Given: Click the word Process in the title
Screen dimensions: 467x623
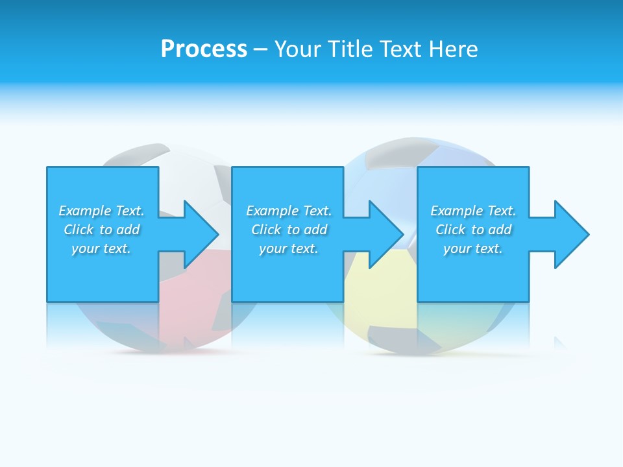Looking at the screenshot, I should click(x=204, y=49).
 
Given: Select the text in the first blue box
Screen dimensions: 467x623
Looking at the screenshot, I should click(x=101, y=230).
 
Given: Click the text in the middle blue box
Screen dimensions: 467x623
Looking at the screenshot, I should click(x=289, y=230).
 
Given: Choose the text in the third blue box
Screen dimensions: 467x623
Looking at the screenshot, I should click(x=473, y=230).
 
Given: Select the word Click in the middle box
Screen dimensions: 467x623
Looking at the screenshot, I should click(x=266, y=230).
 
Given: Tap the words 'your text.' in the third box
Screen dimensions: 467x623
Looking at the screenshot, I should click(x=473, y=248).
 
